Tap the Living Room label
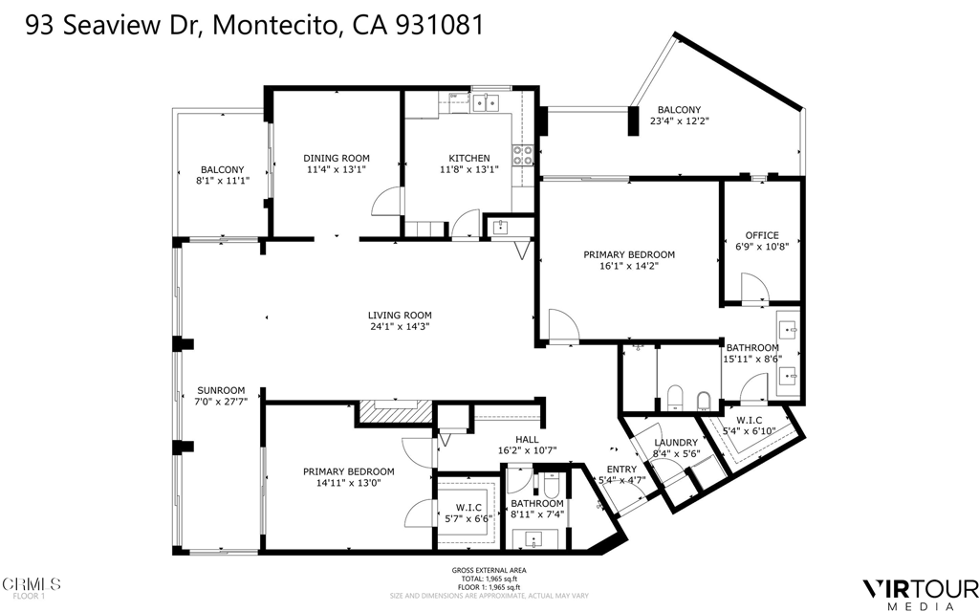(400, 316)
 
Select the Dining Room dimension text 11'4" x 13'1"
(337, 170)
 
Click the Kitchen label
(469, 159)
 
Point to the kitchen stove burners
(523, 155)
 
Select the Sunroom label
(222, 390)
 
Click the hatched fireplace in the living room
(396, 410)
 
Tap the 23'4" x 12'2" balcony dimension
(679, 121)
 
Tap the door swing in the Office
(753, 285)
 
